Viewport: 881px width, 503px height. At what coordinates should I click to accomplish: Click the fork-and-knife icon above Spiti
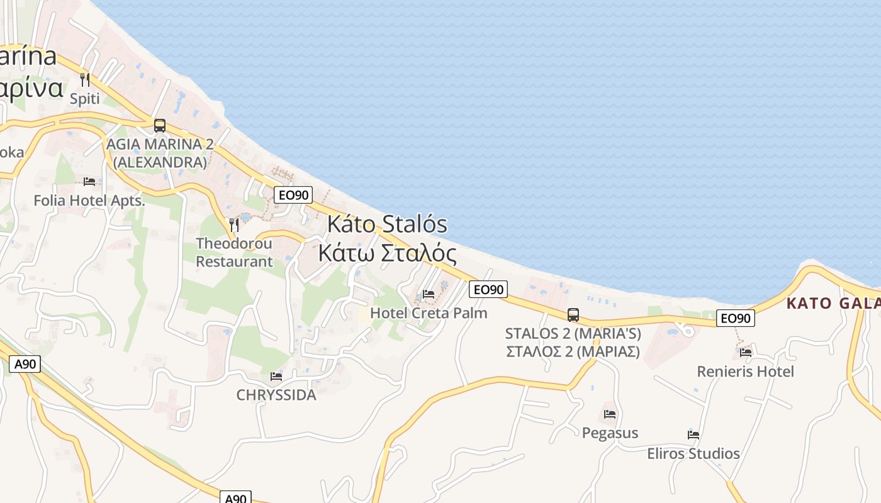pyautogui.click(x=85, y=80)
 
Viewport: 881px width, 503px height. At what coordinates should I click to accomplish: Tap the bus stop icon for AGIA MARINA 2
pyautogui.click(x=160, y=125)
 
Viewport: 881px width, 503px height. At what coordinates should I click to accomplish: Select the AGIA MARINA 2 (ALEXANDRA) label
pyautogui.click(x=160, y=153)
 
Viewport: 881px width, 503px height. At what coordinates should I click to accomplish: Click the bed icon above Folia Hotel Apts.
pyautogui.click(x=89, y=182)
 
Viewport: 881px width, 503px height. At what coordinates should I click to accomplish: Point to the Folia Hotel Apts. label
pyautogui.click(x=89, y=201)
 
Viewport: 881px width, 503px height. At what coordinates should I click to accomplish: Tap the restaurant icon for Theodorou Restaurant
pyautogui.click(x=234, y=224)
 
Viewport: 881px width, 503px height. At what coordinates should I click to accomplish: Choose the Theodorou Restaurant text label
pyautogui.click(x=234, y=252)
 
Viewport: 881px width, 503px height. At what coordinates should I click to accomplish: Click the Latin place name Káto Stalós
pyautogui.click(x=387, y=224)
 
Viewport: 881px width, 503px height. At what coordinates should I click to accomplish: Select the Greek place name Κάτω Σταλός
pyautogui.click(x=387, y=253)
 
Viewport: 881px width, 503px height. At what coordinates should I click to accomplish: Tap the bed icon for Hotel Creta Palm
pyautogui.click(x=429, y=294)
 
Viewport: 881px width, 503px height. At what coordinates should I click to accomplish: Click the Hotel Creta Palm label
pyautogui.click(x=429, y=312)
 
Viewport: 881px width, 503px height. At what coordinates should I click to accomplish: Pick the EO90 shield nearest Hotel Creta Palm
pyautogui.click(x=488, y=289)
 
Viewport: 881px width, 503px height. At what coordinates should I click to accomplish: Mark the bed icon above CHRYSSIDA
pyautogui.click(x=276, y=377)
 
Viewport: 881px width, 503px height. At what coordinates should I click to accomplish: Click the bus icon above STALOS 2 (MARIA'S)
pyautogui.click(x=573, y=315)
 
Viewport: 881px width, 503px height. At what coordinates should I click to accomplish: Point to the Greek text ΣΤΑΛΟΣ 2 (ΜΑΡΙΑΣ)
pyautogui.click(x=573, y=351)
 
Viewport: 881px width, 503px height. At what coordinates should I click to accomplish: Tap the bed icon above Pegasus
pyautogui.click(x=610, y=414)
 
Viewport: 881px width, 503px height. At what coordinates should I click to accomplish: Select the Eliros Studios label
pyautogui.click(x=693, y=453)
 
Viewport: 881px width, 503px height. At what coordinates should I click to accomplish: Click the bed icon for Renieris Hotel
pyautogui.click(x=746, y=352)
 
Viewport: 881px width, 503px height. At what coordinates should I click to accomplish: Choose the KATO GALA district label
pyautogui.click(x=833, y=304)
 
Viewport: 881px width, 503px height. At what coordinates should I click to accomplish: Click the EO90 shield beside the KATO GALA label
pyautogui.click(x=735, y=318)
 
